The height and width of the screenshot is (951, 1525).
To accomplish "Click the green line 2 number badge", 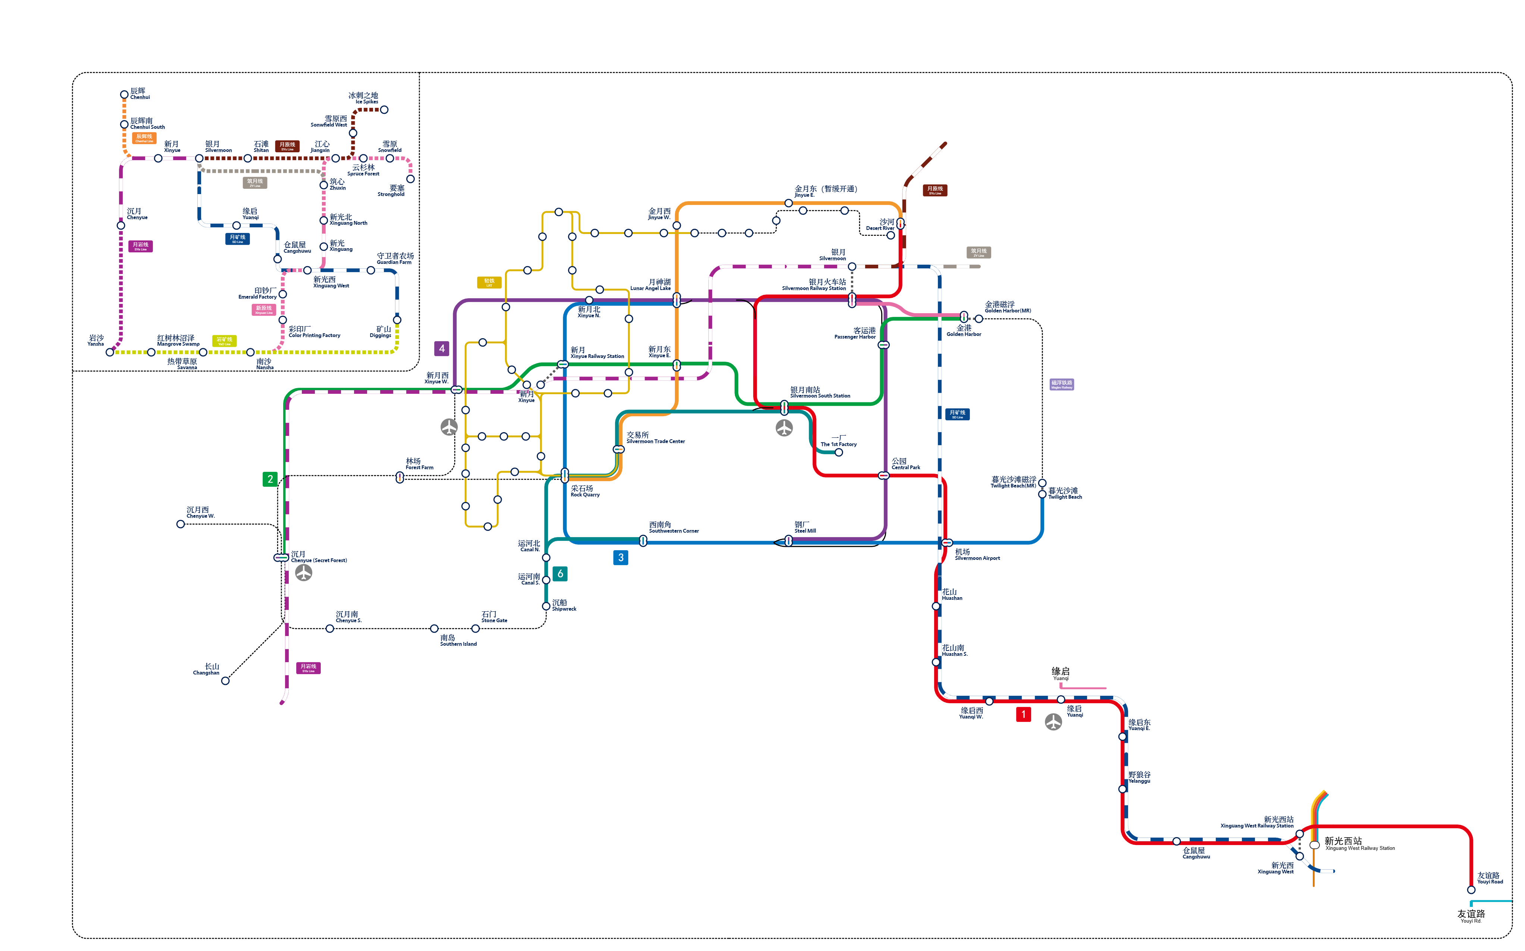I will point(270,479).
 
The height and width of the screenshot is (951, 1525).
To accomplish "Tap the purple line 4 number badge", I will point(442,349).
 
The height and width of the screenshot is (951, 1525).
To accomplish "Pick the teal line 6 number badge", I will point(560,574).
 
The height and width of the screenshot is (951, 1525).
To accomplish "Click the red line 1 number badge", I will point(1023,714).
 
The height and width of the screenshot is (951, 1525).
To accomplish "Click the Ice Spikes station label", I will point(364,98).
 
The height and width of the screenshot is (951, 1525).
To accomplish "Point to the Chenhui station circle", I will point(125,95).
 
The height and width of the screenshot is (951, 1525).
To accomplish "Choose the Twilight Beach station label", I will point(1065,494).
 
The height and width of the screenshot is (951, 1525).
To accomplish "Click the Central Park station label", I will point(905,464).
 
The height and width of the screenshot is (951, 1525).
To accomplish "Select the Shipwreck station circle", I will point(546,607).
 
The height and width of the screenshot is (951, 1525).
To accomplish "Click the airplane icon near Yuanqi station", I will point(1053,722).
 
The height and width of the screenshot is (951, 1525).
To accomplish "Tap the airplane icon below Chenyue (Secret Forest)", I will point(304,573).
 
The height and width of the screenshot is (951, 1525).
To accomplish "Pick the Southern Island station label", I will point(458,641).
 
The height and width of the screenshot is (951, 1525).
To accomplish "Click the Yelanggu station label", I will point(1139,777).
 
